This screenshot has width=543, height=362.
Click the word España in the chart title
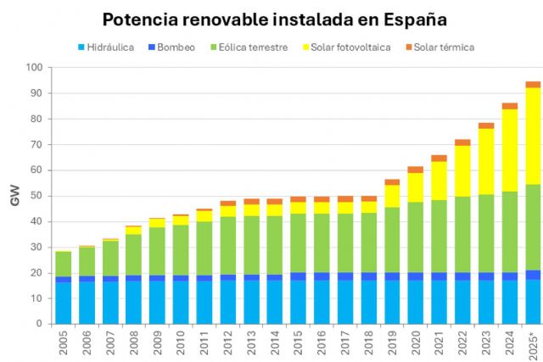[x=411, y=19]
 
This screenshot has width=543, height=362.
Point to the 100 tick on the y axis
[x=35, y=67]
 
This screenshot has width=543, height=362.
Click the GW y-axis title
[x=14, y=197]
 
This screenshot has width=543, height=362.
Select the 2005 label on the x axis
[x=64, y=343]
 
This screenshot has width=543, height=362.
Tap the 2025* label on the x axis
[x=533, y=343]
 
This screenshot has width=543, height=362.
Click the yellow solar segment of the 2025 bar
[x=533, y=136]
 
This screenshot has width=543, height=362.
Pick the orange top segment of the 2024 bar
[x=509, y=106]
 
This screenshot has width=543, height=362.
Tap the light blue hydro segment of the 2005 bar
[x=64, y=303]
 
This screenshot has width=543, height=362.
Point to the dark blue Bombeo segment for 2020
[x=416, y=276]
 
